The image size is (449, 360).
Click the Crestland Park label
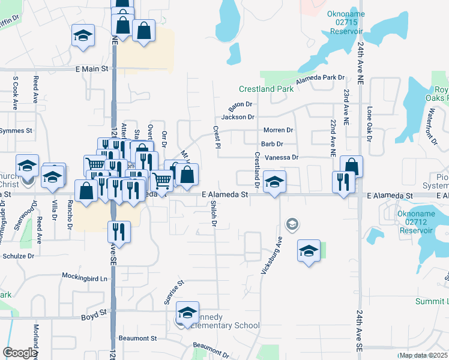[x=266, y=89]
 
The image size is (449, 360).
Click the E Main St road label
[x=92, y=69]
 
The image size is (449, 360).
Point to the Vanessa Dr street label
[x=282, y=157]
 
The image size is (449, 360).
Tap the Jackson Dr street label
[x=238, y=117]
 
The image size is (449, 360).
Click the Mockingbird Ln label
[x=87, y=277]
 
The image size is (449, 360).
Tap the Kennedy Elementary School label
[x=221, y=321]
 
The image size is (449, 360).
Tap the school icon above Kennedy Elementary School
[x=188, y=312]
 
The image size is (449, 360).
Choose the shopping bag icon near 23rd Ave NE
[x=352, y=167]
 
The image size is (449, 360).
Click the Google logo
[x=20, y=353]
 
